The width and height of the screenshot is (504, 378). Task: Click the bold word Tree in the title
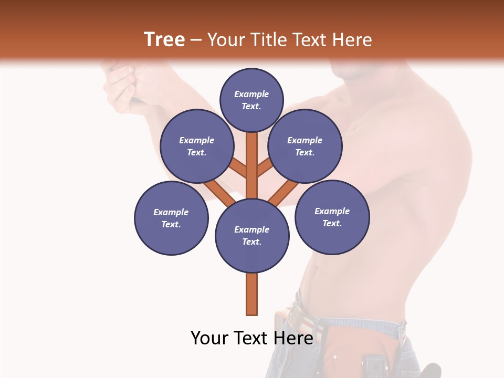point(164,39)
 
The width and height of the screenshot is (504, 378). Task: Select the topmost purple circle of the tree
point(251,100)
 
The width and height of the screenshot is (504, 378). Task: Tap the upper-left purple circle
point(196,146)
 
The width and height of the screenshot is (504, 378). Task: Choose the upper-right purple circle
point(305,146)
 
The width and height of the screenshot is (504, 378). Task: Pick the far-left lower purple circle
point(171,218)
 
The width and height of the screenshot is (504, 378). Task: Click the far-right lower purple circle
point(332,217)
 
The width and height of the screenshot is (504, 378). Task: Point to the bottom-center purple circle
point(252,236)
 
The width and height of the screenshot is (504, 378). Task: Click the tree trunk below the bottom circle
point(252,294)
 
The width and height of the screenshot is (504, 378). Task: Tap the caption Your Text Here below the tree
point(251,338)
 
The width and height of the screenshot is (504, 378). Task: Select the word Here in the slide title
point(352,39)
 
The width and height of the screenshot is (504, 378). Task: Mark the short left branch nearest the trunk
point(239,168)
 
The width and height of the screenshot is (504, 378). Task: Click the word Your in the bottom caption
point(208,338)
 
